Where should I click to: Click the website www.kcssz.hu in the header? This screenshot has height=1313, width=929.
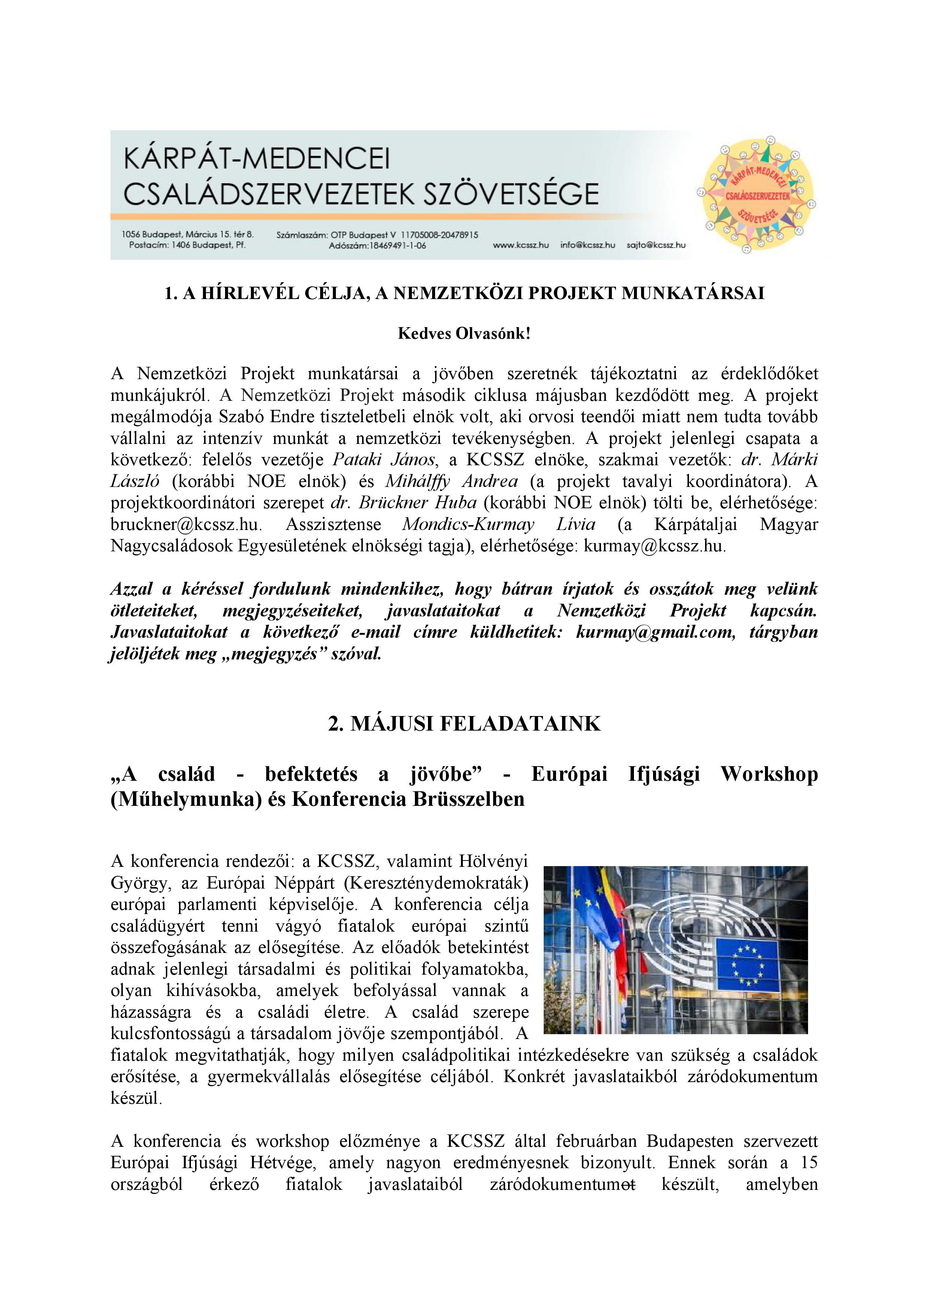click(x=520, y=245)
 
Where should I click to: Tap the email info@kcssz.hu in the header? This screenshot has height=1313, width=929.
click(x=588, y=245)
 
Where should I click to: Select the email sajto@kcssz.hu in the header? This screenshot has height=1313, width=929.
click(x=656, y=245)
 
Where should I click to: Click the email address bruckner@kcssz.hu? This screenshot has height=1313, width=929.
click(x=186, y=524)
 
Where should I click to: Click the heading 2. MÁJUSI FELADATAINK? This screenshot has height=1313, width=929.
click(x=464, y=723)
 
